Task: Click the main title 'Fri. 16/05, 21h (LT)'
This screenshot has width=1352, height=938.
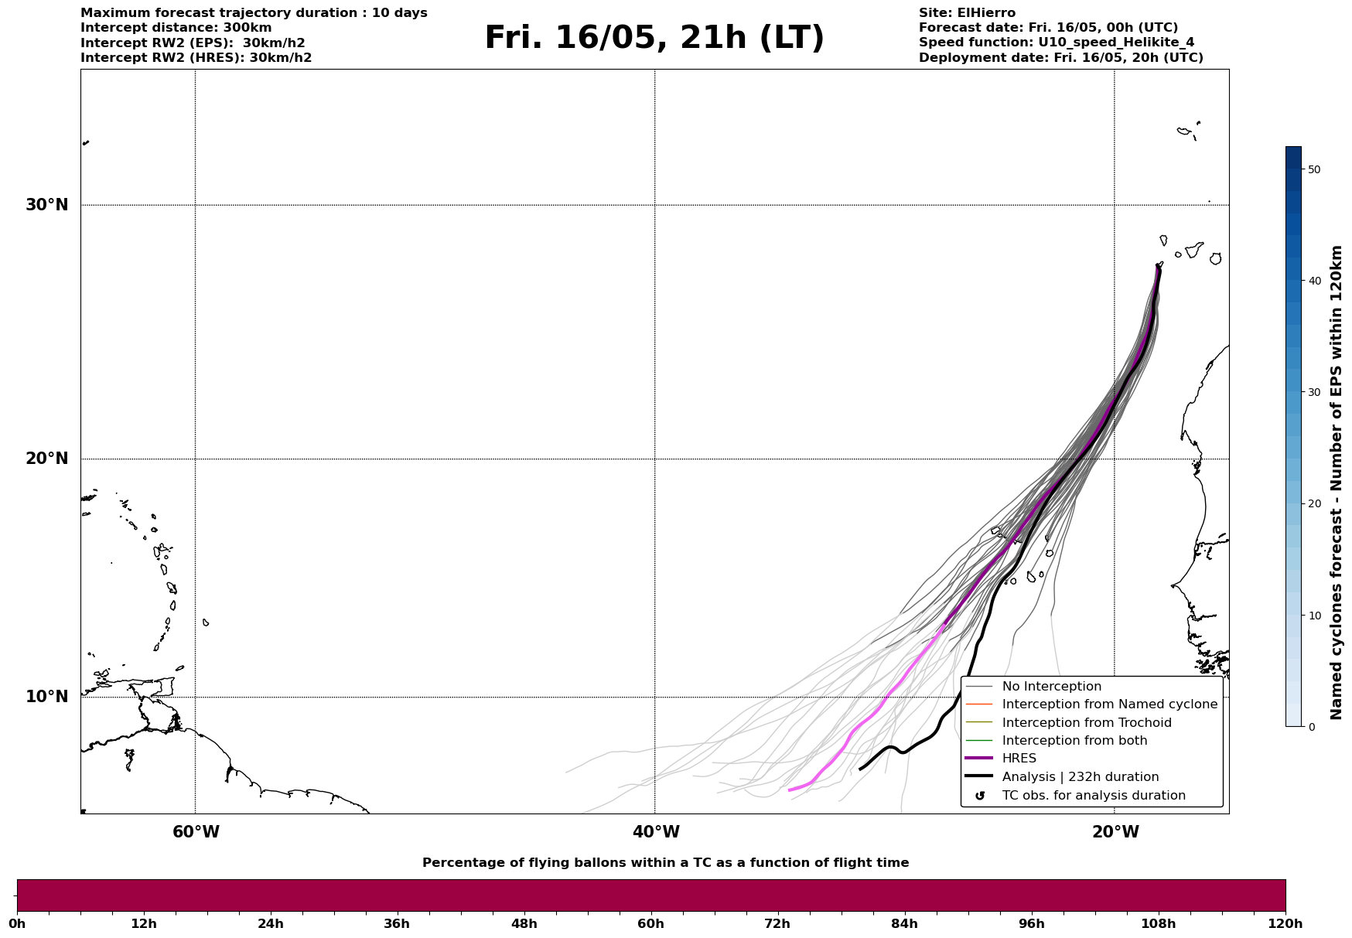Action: tap(654, 38)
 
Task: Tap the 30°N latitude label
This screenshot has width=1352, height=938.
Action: tap(46, 205)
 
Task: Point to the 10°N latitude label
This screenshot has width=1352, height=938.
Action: tap(46, 697)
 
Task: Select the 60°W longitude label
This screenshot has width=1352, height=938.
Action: tap(196, 832)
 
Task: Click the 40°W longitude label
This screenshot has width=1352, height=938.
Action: tap(655, 832)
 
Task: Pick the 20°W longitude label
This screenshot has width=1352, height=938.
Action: tap(1115, 832)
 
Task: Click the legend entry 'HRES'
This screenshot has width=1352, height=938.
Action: tap(1019, 759)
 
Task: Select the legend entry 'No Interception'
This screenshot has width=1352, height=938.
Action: tap(1051, 687)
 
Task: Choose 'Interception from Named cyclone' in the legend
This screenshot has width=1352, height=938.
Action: tap(1109, 704)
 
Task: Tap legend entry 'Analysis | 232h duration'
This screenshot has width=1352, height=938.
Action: tap(1080, 777)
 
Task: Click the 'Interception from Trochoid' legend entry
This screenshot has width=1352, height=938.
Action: tap(1086, 723)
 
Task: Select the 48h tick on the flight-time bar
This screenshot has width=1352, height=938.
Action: tap(524, 923)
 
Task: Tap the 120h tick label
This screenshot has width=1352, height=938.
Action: tap(1285, 923)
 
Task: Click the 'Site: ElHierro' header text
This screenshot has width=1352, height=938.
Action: tap(967, 13)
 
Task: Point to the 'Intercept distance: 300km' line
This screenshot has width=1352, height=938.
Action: tap(176, 28)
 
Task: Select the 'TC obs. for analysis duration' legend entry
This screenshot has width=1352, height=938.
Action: tap(1093, 796)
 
